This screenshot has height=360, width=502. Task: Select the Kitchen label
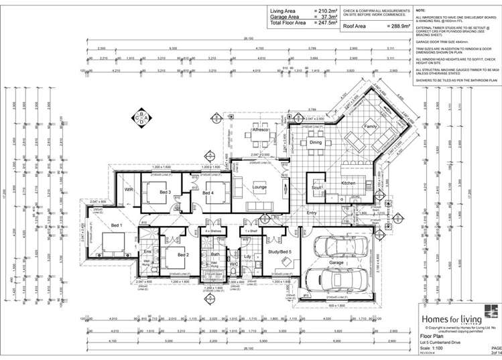pos(349,183)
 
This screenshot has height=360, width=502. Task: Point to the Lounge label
pos(259,187)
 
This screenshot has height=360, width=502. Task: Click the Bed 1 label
pos(116,225)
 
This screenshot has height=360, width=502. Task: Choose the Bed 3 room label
pos(166,192)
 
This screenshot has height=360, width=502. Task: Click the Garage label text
pos(336,262)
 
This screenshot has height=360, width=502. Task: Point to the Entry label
pos(311,213)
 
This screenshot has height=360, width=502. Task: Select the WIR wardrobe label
pos(129,190)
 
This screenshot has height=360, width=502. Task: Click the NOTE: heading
pos(421,11)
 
